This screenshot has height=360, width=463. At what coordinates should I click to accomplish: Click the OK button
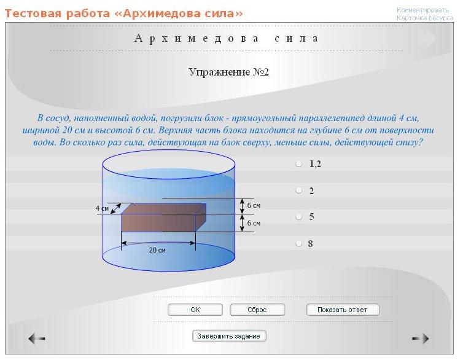pos(195,310)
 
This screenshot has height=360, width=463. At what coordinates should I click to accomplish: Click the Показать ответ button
pos(343,310)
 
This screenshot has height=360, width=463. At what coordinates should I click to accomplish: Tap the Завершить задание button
pos(229,336)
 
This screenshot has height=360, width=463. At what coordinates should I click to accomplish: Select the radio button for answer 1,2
pos(298,164)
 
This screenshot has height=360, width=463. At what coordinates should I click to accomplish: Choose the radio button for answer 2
pos(298,190)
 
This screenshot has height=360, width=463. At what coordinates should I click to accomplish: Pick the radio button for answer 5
pos(298,217)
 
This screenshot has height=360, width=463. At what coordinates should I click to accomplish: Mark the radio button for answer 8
pos(298,243)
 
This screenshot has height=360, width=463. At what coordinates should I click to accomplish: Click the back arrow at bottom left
pos(37,338)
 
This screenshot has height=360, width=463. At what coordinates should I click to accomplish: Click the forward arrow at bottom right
pos(421,338)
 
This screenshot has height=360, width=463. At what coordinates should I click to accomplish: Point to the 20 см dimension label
pos(157,250)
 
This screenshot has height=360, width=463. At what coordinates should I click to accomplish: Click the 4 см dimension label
pos(102,208)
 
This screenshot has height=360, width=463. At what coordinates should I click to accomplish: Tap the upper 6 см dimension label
pos(254,205)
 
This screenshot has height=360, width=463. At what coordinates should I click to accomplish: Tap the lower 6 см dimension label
pos(254,223)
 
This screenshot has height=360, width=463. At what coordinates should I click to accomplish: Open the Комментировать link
pos(422,10)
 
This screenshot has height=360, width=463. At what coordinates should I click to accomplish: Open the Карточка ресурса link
pos(425,18)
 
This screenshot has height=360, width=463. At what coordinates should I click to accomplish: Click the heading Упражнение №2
pos(228,72)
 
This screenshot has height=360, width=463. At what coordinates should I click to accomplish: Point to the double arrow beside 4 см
pos(115,208)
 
